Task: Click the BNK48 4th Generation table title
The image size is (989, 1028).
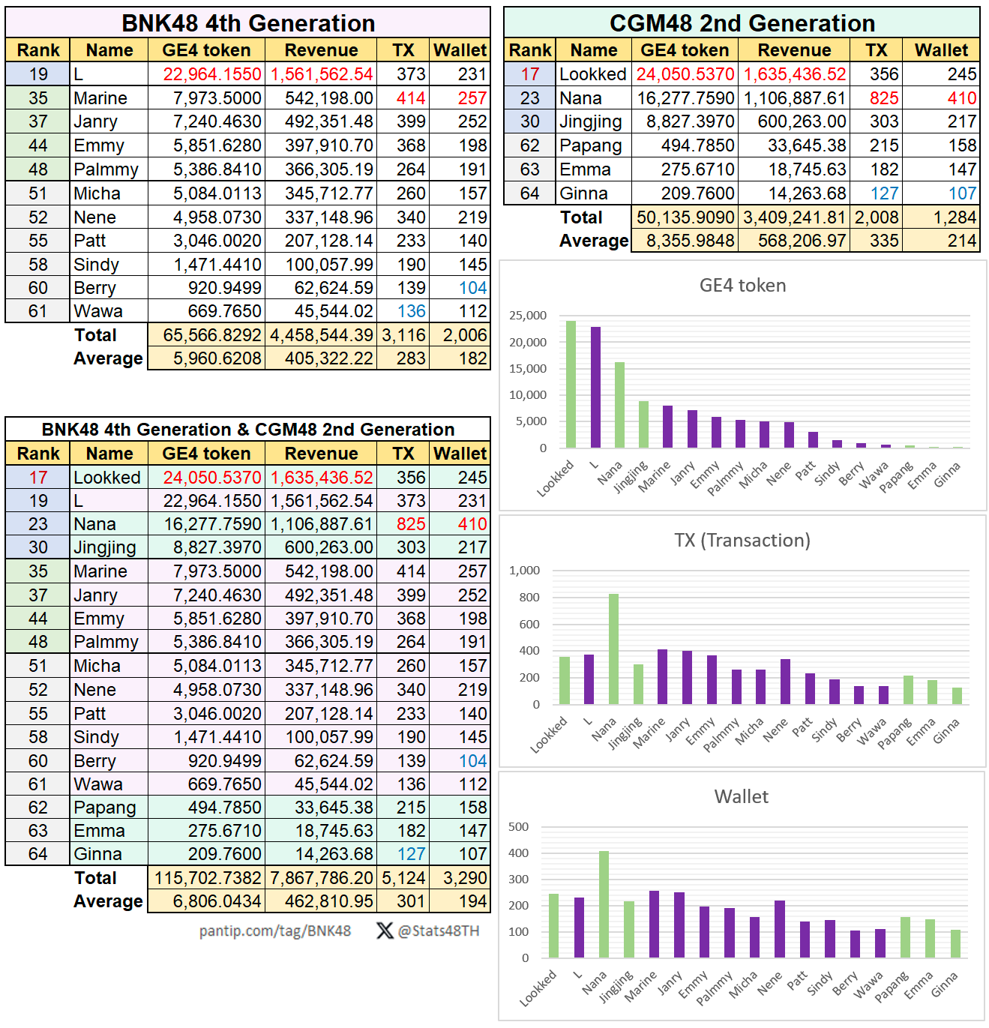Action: tap(248, 23)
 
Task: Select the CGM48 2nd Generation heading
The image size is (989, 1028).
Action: tap(742, 23)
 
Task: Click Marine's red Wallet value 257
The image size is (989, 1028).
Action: tap(472, 98)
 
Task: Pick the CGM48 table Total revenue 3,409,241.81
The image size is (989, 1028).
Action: tap(794, 217)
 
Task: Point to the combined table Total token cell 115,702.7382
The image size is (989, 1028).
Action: tap(208, 878)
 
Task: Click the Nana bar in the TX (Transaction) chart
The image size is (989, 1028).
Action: tap(613, 649)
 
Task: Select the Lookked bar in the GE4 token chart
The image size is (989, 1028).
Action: tap(571, 385)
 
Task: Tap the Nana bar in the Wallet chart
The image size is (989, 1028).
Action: tap(604, 904)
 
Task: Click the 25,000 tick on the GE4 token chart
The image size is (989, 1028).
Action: tap(528, 316)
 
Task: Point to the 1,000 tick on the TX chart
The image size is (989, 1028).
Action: tap(524, 571)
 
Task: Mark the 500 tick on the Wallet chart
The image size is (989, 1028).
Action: tap(518, 827)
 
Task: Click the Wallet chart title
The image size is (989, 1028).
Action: tap(741, 796)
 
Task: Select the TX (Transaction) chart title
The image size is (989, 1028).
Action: tap(742, 541)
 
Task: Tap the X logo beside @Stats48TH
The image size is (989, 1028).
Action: tap(385, 931)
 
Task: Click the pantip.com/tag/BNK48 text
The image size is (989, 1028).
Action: tap(274, 931)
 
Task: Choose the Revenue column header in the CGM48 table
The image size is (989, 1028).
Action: tap(794, 50)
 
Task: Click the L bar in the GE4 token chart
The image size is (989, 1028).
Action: tap(595, 388)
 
